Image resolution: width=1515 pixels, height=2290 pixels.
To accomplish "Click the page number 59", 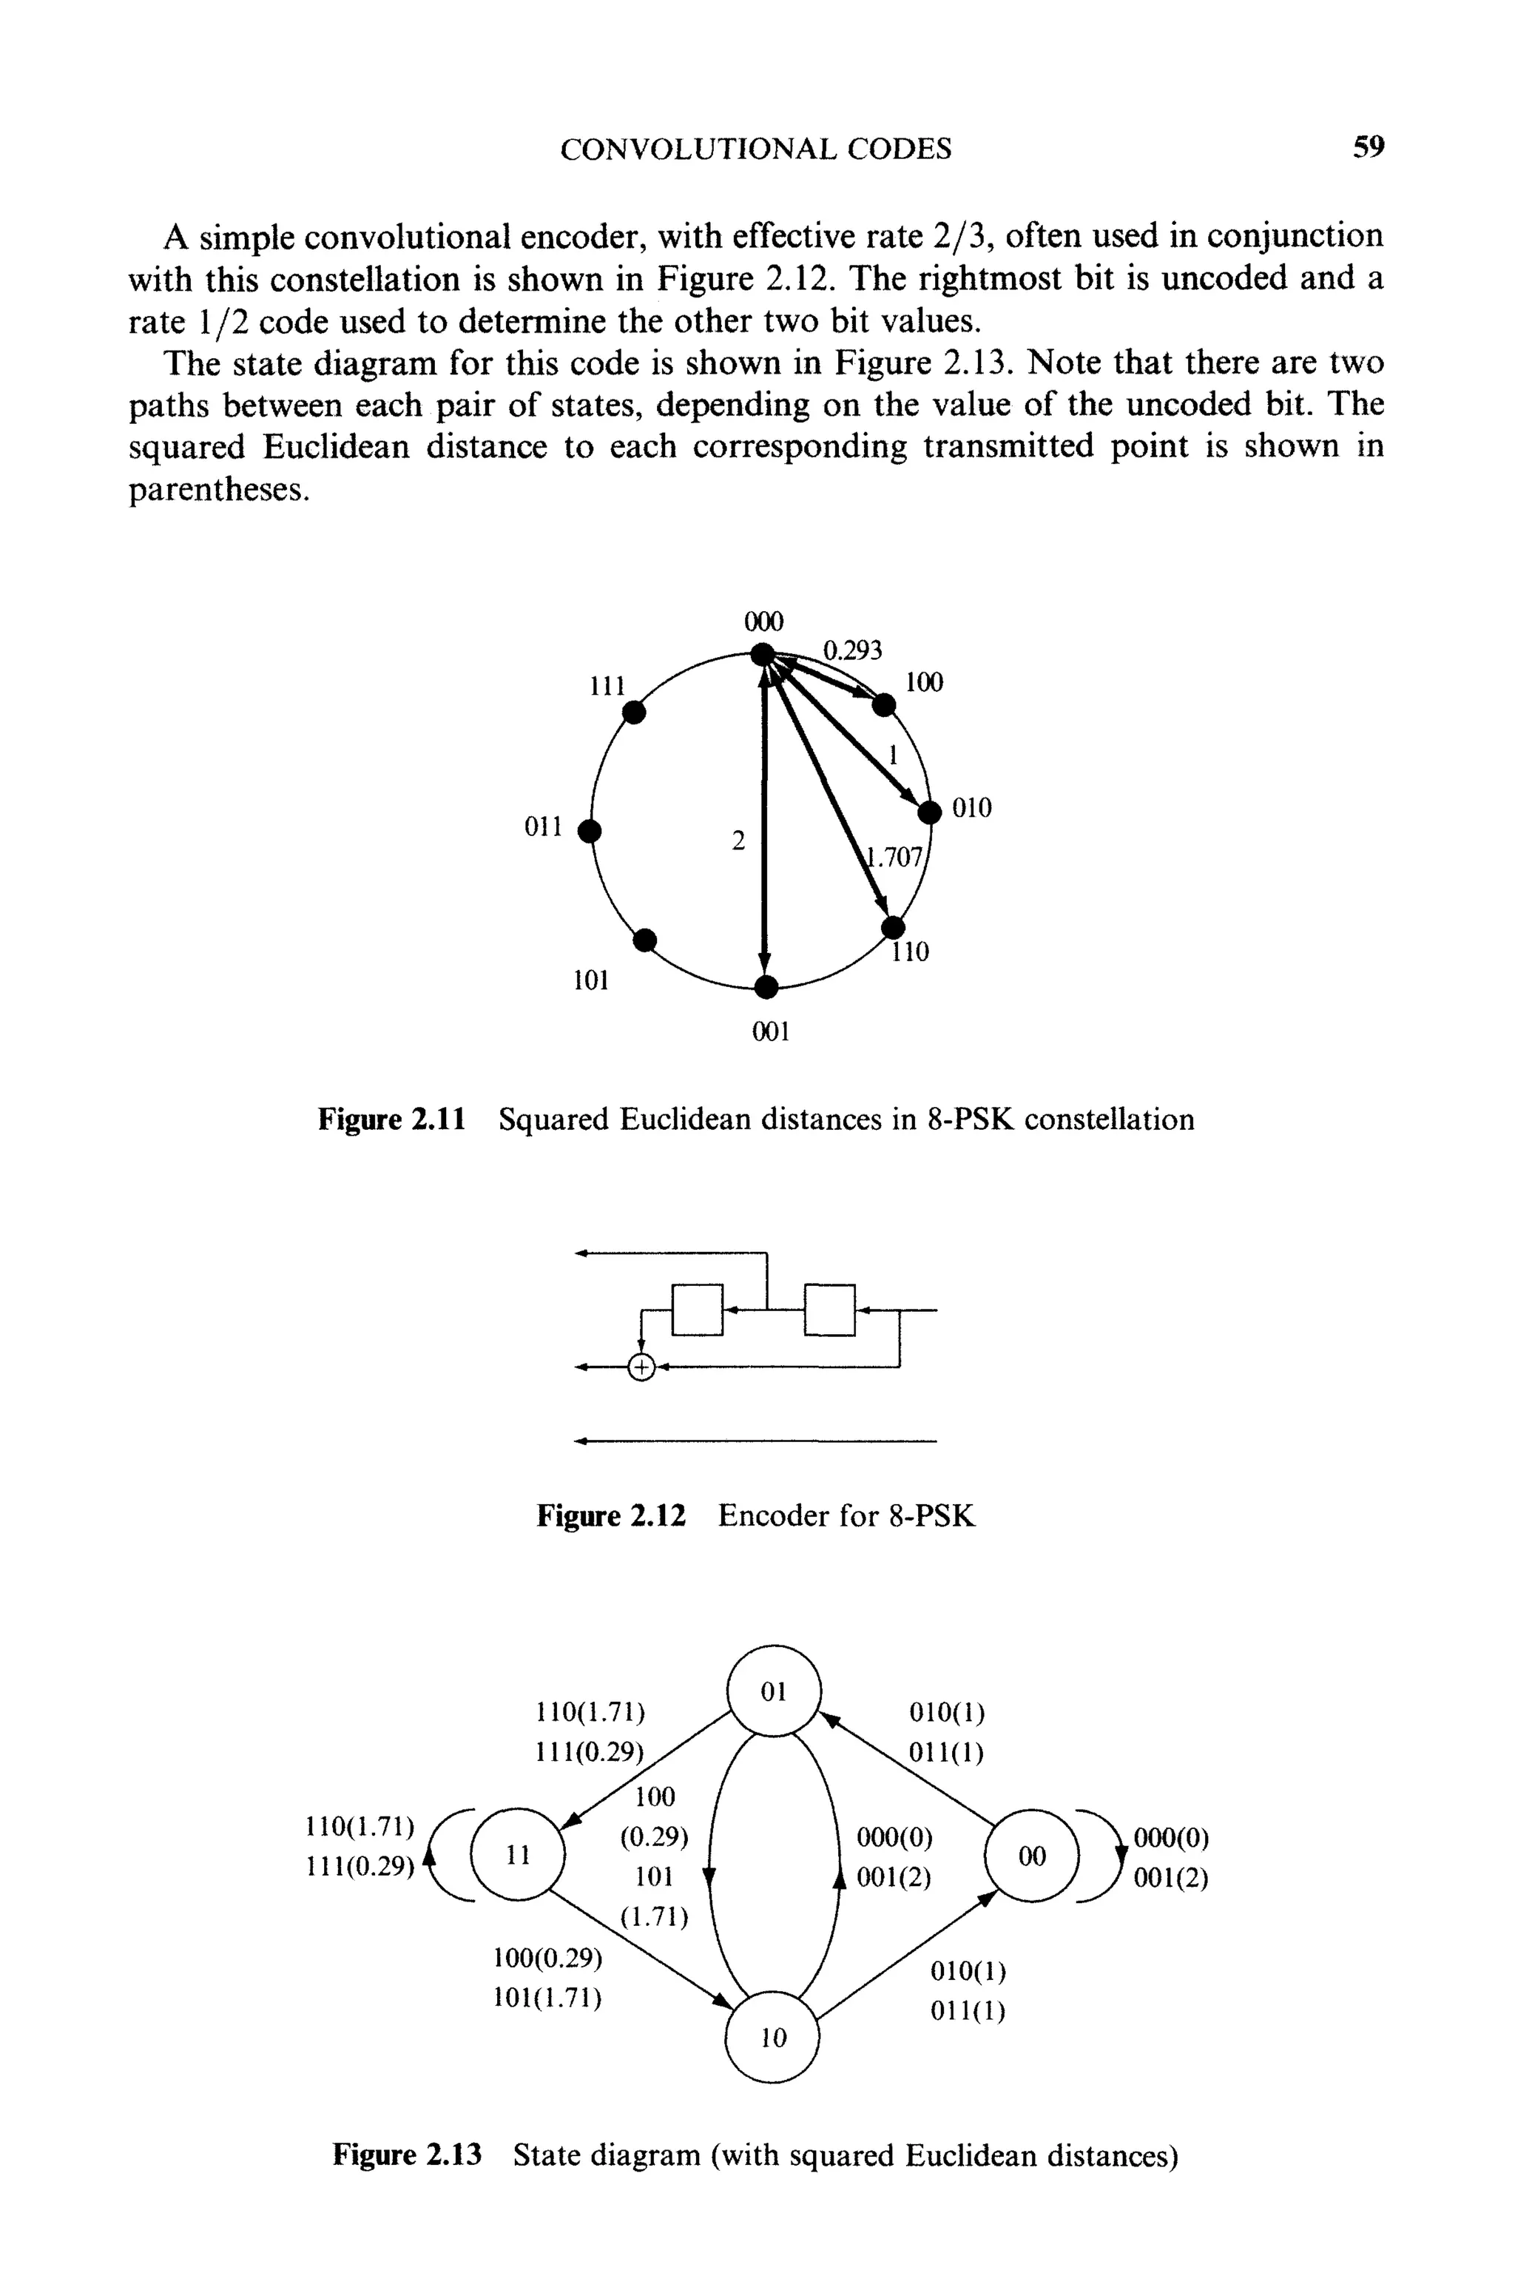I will click(x=1368, y=148).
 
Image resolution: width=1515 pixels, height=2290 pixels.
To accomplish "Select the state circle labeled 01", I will click(x=773, y=1691).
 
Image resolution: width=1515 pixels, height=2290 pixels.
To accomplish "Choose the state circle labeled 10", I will click(x=772, y=2037).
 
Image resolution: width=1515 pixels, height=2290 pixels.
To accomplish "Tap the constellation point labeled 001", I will click(x=765, y=986).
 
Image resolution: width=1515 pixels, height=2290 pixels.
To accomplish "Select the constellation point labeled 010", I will click(x=929, y=812).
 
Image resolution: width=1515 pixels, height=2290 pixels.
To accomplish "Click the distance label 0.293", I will click(x=852, y=650).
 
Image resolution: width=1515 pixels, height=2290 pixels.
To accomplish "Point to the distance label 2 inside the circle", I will click(x=738, y=841).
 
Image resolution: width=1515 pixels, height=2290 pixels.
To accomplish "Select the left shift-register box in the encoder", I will click(x=697, y=1310).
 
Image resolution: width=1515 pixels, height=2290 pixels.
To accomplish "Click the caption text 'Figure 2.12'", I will click(x=610, y=1515).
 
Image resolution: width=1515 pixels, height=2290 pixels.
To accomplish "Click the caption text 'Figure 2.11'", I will click(x=392, y=1120).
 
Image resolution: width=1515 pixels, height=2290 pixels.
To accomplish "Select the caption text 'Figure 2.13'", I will click(x=407, y=2155).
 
